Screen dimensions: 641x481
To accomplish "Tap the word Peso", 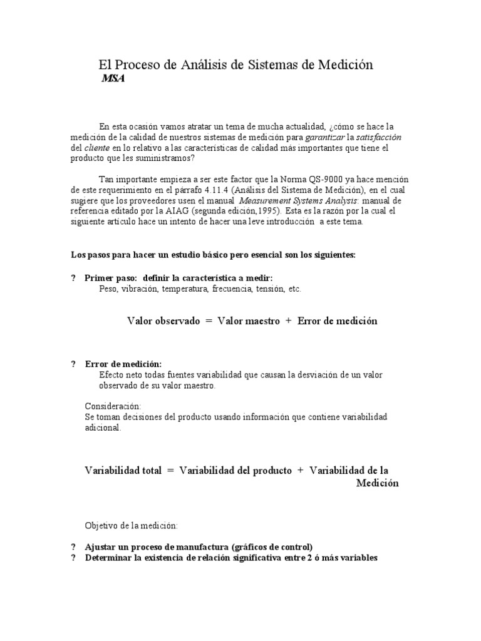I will tap(109, 289).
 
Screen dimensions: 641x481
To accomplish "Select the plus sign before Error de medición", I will tap(289, 320).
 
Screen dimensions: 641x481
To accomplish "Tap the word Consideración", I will tap(113, 406).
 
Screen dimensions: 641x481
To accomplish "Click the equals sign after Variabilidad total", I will tap(170, 470).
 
